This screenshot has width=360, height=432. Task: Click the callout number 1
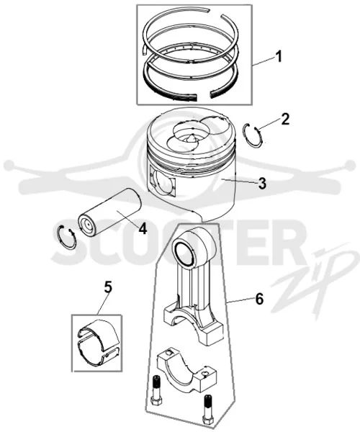coord(279,57)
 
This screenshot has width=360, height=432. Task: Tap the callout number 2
coord(285,120)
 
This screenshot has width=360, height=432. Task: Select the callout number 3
coord(262,183)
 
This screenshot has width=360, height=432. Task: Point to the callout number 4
coord(143,228)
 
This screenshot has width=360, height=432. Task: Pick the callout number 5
coord(108,287)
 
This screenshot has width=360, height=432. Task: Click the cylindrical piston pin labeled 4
coord(109,212)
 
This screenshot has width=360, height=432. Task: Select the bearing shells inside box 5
coord(98,343)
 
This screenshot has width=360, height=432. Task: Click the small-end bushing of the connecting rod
coord(183,254)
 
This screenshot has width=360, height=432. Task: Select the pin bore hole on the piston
coord(163,182)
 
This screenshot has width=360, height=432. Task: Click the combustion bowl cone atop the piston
coord(191,138)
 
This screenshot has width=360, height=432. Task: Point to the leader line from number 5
coord(103,304)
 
